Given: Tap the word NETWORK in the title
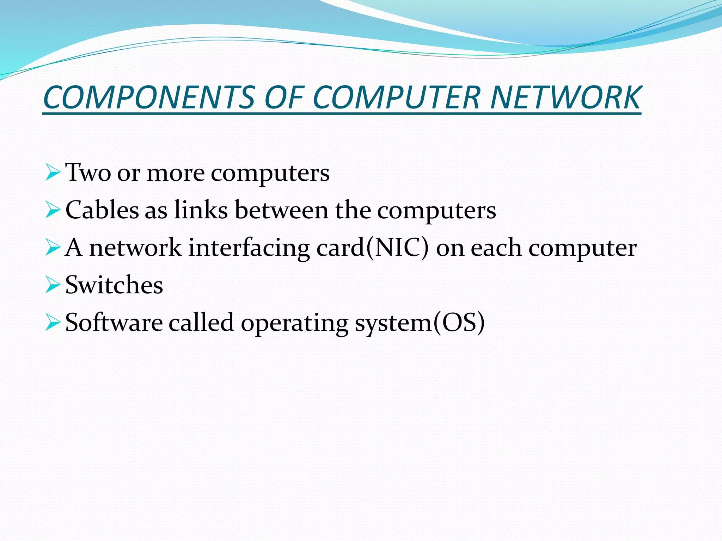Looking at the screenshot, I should pyautogui.click(x=565, y=98).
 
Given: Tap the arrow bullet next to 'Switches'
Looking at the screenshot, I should pyautogui.click(x=53, y=285).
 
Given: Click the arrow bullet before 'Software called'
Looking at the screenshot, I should pyautogui.click(x=53, y=323).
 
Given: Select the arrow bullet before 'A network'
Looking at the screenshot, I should pyautogui.click(x=53, y=248).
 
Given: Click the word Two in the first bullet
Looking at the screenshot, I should pyautogui.click(x=88, y=173).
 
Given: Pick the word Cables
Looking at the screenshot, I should pyautogui.click(x=102, y=210).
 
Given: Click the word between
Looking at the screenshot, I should pyautogui.click(x=281, y=210).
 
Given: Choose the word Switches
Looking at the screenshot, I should pyautogui.click(x=114, y=285).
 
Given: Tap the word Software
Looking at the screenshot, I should pyautogui.click(x=114, y=323).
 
